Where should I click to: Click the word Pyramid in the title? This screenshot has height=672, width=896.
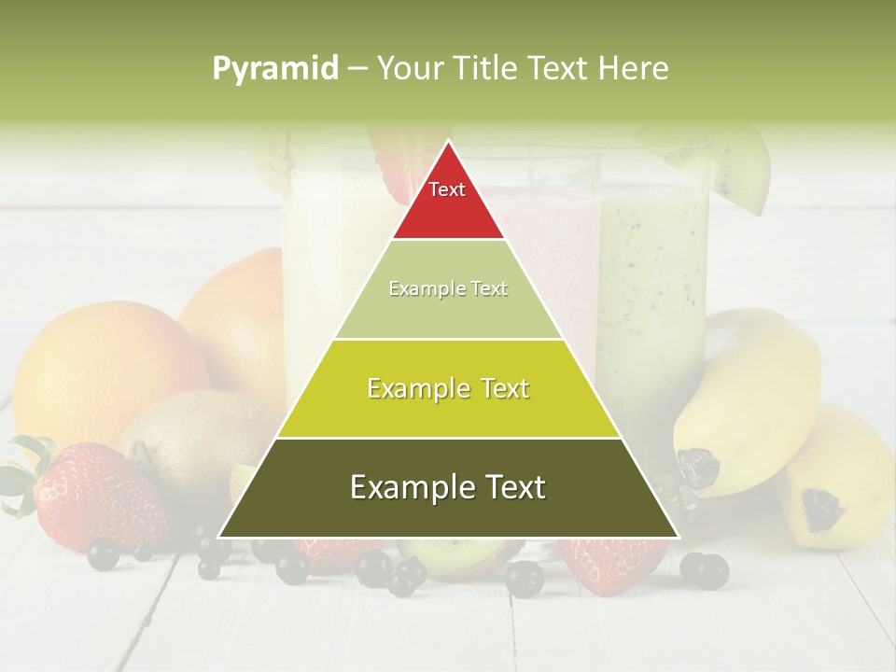[274, 69]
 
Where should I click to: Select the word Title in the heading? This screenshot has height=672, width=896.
[485, 69]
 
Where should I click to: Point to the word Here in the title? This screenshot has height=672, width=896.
[635, 69]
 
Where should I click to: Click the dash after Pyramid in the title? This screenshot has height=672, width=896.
[357, 69]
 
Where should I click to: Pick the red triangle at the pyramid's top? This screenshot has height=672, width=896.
[448, 201]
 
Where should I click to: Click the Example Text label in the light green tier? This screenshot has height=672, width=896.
[448, 289]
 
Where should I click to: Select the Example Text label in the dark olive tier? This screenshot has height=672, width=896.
[448, 488]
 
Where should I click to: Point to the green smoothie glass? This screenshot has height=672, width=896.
[653, 280]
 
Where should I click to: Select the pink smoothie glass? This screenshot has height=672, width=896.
[560, 233]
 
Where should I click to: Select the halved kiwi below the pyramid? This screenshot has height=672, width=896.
[457, 555]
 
